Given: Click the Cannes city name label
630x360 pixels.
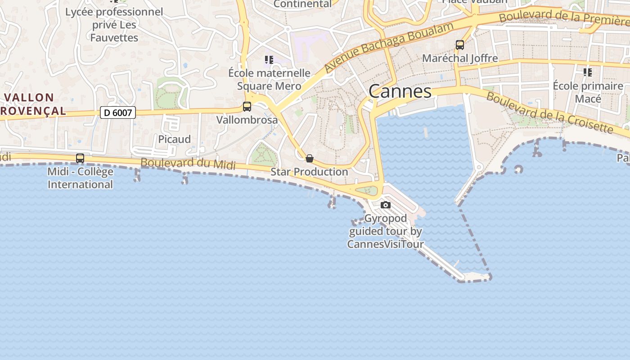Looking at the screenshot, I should point(400,91).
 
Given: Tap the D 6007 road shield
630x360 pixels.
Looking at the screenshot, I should point(118,112).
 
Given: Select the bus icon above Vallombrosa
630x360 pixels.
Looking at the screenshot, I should point(247,107).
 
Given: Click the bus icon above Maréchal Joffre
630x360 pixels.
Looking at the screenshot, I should point(459,45).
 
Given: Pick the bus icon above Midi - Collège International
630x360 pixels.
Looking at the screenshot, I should point(80,158).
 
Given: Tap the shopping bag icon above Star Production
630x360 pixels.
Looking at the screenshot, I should point(310,158).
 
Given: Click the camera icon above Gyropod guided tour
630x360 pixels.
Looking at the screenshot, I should point(386,205).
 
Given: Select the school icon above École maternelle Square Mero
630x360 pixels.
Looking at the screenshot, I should point(269,60).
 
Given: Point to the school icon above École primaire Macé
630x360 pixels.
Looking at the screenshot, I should point(587,72).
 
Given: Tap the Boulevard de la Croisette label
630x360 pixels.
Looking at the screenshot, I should point(550,112).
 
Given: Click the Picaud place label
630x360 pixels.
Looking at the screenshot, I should point(174,139).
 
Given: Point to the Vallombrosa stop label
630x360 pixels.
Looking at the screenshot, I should point(247,120).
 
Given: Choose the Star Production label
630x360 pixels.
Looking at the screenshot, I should point(309,172).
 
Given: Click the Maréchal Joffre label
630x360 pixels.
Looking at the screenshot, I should point(460,58).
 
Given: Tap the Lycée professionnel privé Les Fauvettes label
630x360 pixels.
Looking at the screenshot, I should point(114,25).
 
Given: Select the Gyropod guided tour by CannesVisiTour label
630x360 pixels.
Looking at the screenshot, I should point(386,231).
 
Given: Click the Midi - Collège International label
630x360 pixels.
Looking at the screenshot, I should point(80,178).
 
